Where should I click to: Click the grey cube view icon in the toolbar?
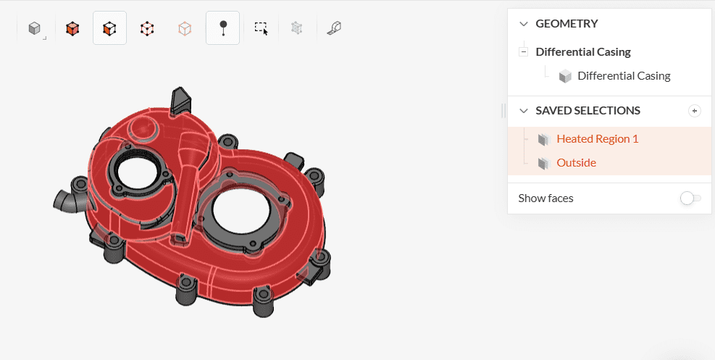click(x=33, y=28)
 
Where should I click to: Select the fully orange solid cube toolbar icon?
click(x=72, y=28)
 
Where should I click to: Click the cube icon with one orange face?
click(x=109, y=28)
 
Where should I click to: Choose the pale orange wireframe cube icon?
click(x=185, y=28)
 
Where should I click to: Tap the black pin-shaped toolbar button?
click(x=223, y=28)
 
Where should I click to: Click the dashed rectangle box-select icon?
click(x=261, y=28)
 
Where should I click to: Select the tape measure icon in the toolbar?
click(x=334, y=28)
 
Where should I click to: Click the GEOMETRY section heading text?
click(x=566, y=24)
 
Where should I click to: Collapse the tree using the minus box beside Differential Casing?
click(x=523, y=52)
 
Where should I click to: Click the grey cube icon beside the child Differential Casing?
click(x=565, y=76)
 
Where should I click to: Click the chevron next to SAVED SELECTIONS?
click(x=524, y=111)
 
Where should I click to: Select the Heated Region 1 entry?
click(x=597, y=139)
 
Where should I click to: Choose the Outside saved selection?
click(x=576, y=163)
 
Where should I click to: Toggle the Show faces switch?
click(x=690, y=198)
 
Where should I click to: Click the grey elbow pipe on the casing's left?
click(x=66, y=199)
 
